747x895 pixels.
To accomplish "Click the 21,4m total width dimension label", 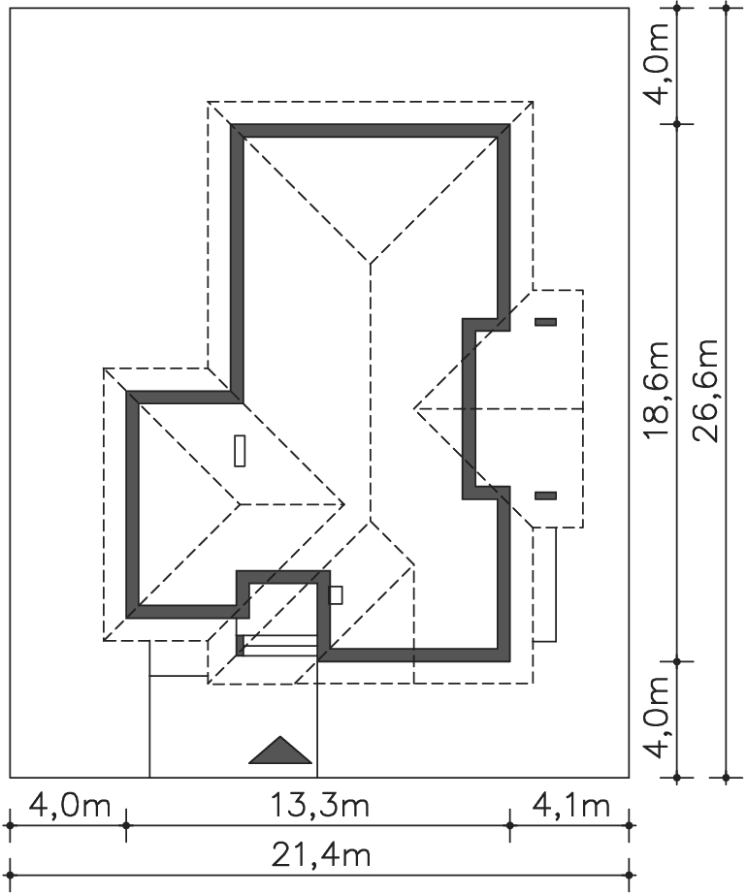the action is tap(320, 855).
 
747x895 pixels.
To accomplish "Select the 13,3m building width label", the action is tap(319, 806).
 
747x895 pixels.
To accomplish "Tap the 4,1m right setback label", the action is tap(570, 806).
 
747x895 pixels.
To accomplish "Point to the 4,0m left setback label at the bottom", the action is tap(69, 806).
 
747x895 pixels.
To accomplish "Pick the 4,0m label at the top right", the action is tap(658, 63).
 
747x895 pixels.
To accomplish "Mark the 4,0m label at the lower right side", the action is tap(658, 718).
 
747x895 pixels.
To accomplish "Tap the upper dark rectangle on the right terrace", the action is tap(545, 322).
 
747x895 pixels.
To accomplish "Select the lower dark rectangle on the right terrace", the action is tap(545, 495).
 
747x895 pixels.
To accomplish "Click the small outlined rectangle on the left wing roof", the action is tap(240, 451).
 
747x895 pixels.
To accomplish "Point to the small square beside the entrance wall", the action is tap(337, 594).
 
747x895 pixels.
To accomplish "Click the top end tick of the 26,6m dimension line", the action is tap(727, 8).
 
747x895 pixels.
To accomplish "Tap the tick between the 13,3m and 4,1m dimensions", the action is tap(510, 825).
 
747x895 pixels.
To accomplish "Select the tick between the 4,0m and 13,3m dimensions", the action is tap(126, 825).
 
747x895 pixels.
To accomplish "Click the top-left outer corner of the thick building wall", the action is tap(231, 124).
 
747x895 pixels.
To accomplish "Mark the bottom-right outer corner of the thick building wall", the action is tap(510, 661).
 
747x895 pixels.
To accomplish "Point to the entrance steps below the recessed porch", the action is tap(277, 645).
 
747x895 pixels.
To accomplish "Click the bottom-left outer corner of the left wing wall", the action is tap(126, 618).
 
